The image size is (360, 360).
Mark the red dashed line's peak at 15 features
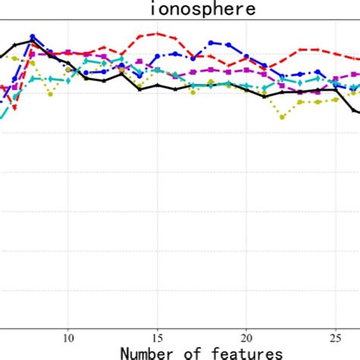(157, 33)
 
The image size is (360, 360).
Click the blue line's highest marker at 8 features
(33, 36)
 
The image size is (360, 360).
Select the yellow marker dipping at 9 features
(50, 93)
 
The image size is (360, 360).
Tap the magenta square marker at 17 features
(193, 74)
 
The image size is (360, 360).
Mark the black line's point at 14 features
(140, 89)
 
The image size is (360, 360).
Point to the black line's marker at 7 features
(15, 46)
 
